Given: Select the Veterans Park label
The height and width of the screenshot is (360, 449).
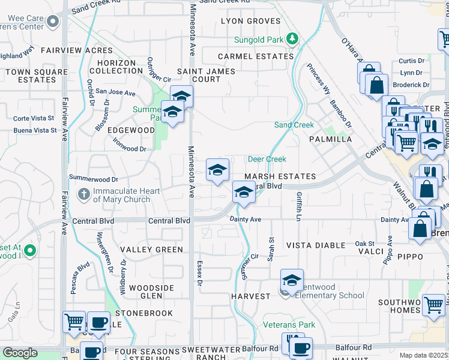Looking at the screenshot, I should click(289, 325).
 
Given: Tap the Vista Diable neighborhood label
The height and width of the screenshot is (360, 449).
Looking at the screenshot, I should click(315, 245).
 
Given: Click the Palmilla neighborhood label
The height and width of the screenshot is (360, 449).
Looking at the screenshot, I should click(330, 139).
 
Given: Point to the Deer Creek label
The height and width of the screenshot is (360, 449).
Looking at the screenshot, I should click(267, 159).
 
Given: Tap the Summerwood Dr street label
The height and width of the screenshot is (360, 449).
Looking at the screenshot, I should click(94, 179).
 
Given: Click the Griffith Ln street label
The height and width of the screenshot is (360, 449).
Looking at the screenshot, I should click(298, 206).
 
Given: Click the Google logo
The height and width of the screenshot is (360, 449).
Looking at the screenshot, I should click(20, 353).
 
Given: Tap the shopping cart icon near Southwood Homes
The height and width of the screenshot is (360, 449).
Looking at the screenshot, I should click(433, 304).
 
